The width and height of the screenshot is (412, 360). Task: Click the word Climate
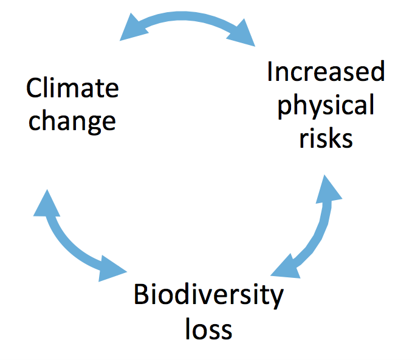pyautogui.click(x=72, y=88)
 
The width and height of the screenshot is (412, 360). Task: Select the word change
pyautogui.click(x=72, y=121)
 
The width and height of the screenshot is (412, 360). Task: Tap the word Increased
pyautogui.click(x=326, y=71)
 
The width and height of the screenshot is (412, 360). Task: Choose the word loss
pyautogui.click(x=208, y=329)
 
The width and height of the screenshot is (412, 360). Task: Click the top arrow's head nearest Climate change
pyautogui.click(x=132, y=29)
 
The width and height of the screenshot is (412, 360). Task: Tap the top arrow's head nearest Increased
pyautogui.click(x=242, y=33)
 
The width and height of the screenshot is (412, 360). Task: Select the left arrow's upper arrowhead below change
pyautogui.click(x=47, y=205)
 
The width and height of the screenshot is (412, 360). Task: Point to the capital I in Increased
pyautogui.click(x=270, y=71)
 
